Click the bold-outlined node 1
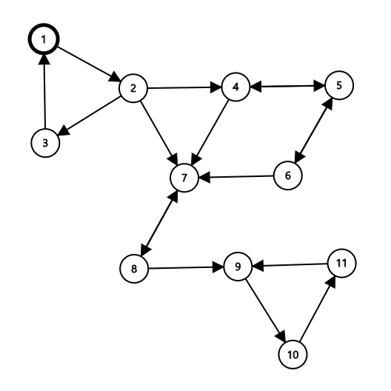[44, 39]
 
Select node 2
[133, 88]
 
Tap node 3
[45, 143]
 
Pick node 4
[235, 87]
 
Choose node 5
[339, 85]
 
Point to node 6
[288, 176]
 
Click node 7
[184, 178]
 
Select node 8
[134, 269]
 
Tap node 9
[238, 267]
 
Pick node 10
[293, 354]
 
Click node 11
[341, 263]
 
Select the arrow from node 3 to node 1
[44, 92]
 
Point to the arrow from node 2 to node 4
[184, 87]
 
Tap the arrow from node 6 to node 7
[236, 177]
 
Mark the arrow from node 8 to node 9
[186, 267]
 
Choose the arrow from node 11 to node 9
[290, 265]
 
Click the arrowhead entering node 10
[281, 336]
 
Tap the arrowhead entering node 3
[64, 130]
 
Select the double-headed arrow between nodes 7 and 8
[159, 224]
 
